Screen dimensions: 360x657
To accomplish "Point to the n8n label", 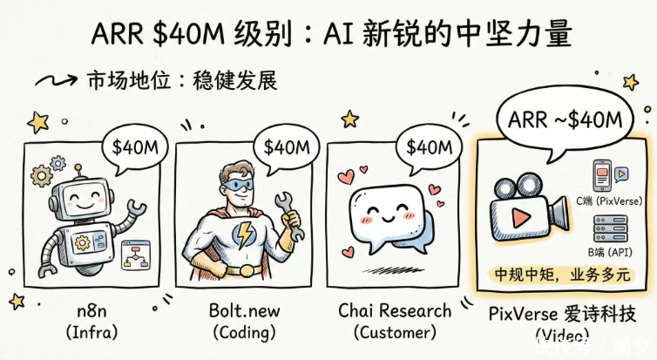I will (85, 310).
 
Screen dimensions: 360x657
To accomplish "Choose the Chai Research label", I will (395, 310).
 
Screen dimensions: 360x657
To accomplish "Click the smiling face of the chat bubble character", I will (383, 212).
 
